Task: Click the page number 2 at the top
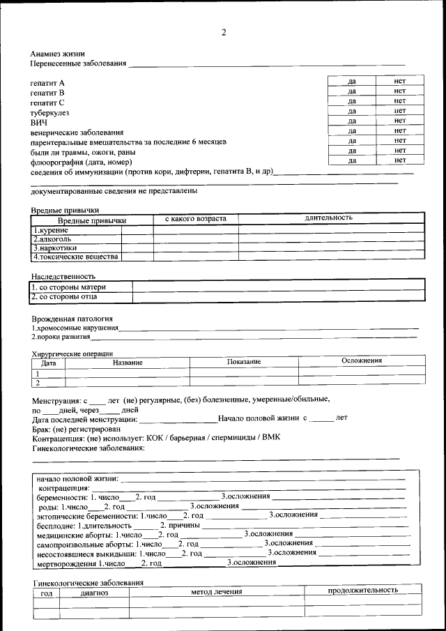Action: (224, 32)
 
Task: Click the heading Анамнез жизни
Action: (57, 53)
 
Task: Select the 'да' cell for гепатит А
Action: (352, 82)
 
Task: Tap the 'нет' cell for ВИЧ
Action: (399, 121)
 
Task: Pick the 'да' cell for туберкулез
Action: (352, 111)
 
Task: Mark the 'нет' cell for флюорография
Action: (399, 160)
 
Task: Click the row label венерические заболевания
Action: (77, 132)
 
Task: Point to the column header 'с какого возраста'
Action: (196, 219)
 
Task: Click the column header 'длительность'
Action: (328, 218)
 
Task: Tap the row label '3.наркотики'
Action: (55, 248)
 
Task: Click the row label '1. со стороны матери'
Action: (69, 287)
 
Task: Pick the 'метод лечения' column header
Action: (217, 591)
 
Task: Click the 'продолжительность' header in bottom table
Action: (363, 590)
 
